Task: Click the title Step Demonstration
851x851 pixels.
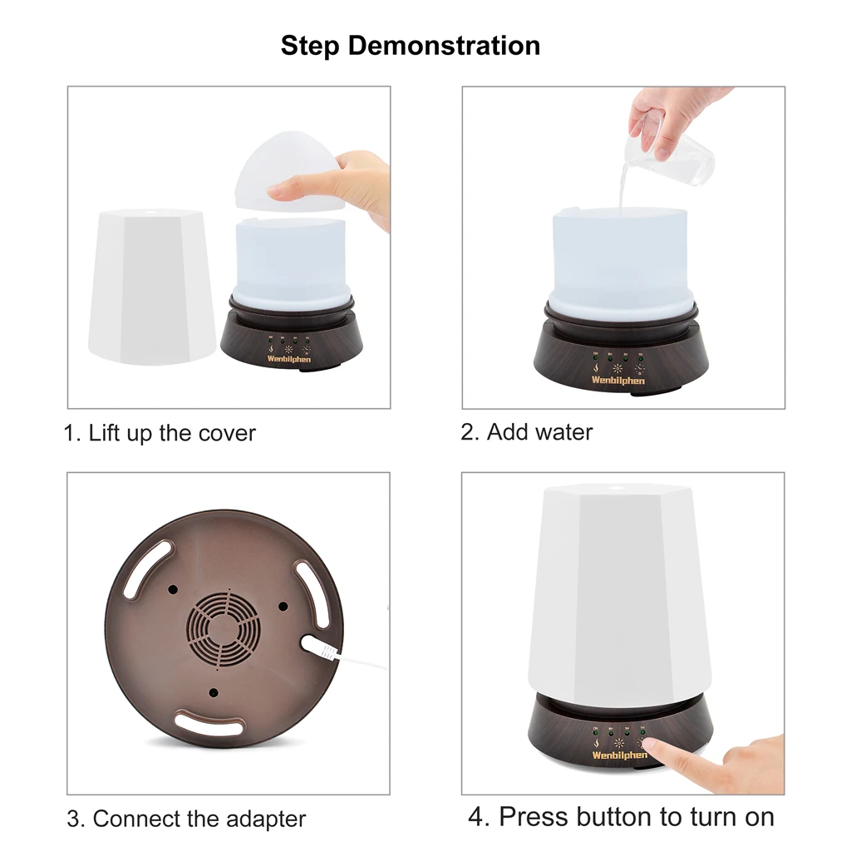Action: click(411, 45)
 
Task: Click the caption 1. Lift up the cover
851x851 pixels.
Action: click(160, 433)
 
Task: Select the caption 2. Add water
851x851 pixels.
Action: click(527, 432)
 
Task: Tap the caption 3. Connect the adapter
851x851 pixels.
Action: click(186, 819)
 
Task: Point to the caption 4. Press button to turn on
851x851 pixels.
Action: click(621, 816)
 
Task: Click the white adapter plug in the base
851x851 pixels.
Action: click(317, 647)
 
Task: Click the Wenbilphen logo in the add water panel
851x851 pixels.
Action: click(617, 380)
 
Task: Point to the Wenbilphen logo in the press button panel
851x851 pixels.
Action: click(619, 755)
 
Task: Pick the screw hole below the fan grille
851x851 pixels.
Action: click(214, 691)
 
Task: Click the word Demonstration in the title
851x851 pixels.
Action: click(444, 45)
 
